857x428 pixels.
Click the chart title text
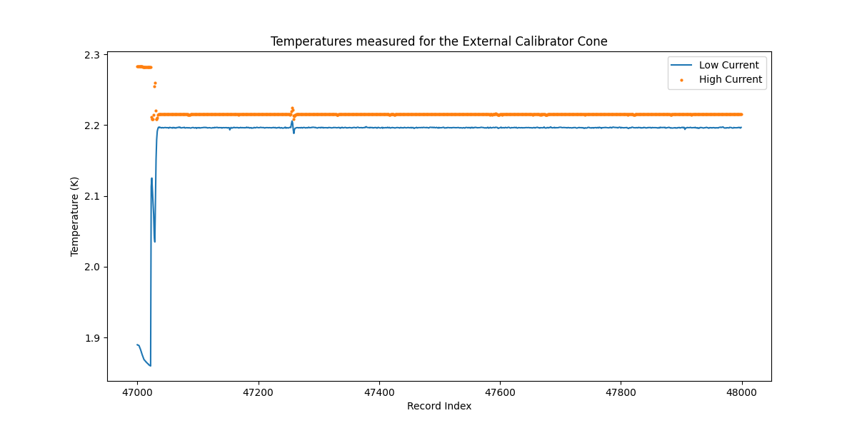(x=438, y=41)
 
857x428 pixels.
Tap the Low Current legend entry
(x=728, y=65)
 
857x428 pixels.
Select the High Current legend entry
(x=730, y=79)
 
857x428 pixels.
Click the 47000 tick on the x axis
(x=137, y=391)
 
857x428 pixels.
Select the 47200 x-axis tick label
(x=258, y=391)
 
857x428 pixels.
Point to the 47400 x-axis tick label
(x=379, y=391)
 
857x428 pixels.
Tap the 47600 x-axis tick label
(x=500, y=391)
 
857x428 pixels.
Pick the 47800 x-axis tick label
(x=621, y=391)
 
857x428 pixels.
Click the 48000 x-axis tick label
(x=741, y=391)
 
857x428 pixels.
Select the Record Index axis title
(x=438, y=406)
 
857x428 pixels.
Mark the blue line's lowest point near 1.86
(x=150, y=366)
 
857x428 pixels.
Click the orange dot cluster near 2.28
(x=144, y=67)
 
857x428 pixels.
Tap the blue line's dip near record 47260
(x=294, y=133)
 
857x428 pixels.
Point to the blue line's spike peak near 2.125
(x=151, y=178)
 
